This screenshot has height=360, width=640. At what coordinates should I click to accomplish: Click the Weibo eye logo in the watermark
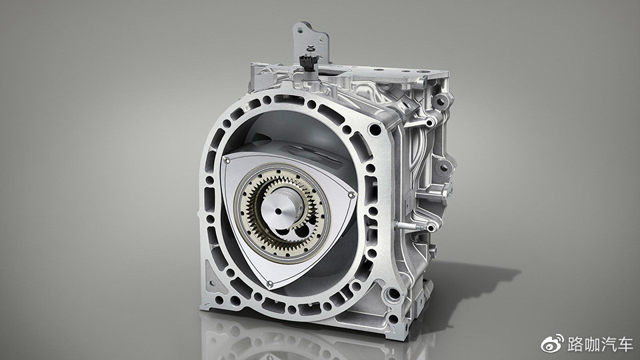pyautogui.click(x=553, y=344)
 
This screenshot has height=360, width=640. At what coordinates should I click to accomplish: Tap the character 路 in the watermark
pyautogui.click(x=575, y=345)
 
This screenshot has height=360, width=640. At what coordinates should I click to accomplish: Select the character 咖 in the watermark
pyautogui.click(x=592, y=345)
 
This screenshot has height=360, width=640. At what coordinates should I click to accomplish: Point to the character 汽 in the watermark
pyautogui.click(x=608, y=345)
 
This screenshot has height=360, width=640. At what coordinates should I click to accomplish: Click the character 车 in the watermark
pyautogui.click(x=625, y=345)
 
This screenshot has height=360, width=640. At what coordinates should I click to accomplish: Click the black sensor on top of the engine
pyautogui.click(x=307, y=61)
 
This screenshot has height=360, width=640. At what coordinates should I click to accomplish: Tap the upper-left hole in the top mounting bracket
pyautogui.click(x=301, y=30)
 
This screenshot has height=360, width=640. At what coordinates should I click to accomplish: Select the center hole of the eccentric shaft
pyautogui.click(x=279, y=211)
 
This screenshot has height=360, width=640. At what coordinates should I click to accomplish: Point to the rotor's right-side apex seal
pyautogui.click(x=351, y=196)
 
